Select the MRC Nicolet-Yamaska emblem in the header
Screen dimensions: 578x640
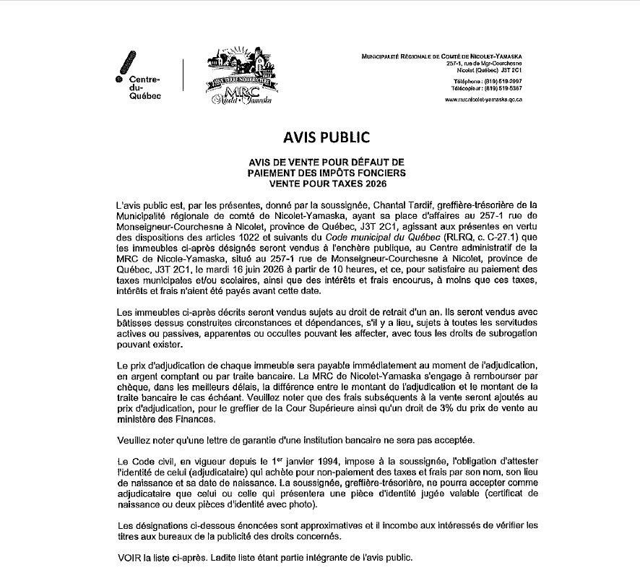pos(238,78)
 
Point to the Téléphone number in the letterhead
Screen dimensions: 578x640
pos(505,82)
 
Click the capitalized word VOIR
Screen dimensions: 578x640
pos(128,558)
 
